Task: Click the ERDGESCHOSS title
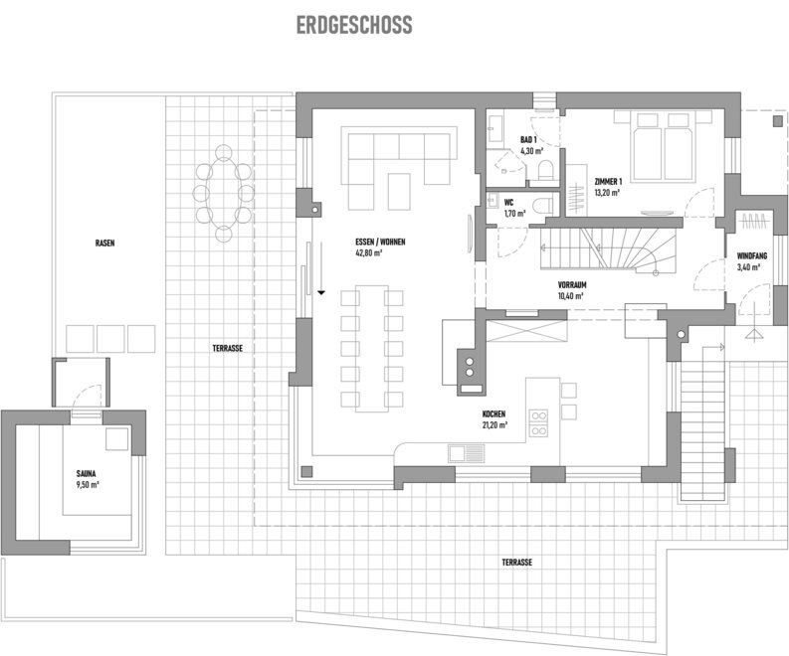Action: tap(354, 25)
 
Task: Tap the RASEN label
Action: tap(105, 244)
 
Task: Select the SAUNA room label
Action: tap(86, 473)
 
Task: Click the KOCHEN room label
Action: tap(493, 414)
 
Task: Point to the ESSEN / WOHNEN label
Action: tap(380, 242)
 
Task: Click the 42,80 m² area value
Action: tap(369, 252)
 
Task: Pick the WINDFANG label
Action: tap(752, 255)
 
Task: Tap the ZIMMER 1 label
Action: tap(608, 182)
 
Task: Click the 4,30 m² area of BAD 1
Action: tap(532, 150)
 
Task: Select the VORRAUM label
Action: tap(572, 285)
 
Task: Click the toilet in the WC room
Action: tap(542, 206)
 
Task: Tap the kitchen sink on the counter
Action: tap(467, 453)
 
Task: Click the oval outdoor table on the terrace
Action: tap(224, 194)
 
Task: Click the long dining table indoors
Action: tap(372, 348)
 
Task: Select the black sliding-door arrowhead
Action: tap(321, 292)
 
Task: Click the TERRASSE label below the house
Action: tap(516, 563)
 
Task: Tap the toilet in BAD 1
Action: tap(545, 170)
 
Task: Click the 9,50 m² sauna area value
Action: tap(88, 485)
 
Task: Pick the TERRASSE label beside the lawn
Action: tap(228, 348)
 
